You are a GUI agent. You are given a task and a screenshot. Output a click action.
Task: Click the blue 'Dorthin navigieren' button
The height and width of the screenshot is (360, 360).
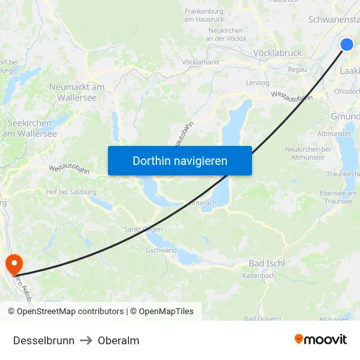(180, 160)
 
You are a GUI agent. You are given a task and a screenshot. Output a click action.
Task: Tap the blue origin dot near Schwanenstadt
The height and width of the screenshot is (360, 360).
(347, 45)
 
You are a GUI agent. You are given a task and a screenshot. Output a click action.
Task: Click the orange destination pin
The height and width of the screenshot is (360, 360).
(13, 264)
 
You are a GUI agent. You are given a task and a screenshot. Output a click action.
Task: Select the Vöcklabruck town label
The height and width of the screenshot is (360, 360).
(277, 53)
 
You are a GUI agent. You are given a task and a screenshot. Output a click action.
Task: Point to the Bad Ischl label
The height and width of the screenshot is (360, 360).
(266, 263)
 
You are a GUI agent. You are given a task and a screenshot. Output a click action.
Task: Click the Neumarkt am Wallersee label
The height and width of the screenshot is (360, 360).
(77, 92)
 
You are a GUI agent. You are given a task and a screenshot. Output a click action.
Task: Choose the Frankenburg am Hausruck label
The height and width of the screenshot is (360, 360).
(204, 15)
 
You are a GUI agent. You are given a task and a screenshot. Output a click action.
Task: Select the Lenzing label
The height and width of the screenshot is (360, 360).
(257, 83)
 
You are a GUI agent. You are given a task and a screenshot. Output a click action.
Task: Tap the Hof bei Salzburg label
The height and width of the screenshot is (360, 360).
(71, 192)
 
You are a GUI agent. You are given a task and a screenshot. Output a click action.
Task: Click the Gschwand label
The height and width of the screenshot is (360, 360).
(161, 250)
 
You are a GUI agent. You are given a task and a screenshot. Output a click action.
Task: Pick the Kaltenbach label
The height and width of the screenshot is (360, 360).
(259, 276)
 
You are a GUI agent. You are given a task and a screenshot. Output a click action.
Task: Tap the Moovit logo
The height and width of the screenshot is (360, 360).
(320, 340)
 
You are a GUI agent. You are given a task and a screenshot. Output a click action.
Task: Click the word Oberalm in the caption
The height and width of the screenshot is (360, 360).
(118, 340)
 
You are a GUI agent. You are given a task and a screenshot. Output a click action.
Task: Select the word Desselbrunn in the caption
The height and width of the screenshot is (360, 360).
(44, 340)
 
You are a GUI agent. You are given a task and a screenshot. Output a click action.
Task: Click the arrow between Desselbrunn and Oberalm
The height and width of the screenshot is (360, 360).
(86, 340)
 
